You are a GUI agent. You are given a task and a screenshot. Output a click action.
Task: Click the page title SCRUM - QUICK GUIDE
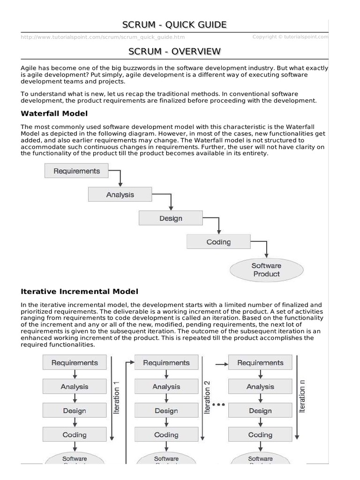click(174, 24)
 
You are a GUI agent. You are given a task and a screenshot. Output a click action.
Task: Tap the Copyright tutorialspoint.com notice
click(290, 37)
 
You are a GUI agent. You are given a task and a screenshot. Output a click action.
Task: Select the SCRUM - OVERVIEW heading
click(174, 51)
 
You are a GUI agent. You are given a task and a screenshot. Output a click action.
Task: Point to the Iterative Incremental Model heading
click(80, 292)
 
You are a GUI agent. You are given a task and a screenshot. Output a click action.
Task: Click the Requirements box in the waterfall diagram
click(76, 171)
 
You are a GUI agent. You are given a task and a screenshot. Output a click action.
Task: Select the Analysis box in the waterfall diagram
click(120, 195)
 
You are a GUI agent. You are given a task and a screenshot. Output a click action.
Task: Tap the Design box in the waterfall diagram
click(171, 218)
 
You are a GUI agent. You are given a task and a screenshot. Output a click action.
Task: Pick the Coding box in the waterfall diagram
click(218, 242)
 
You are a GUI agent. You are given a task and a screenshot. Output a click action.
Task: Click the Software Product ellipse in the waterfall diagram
click(266, 270)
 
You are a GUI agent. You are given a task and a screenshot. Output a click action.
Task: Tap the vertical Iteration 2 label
click(207, 397)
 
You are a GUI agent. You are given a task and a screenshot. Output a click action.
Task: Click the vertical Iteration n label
click(302, 397)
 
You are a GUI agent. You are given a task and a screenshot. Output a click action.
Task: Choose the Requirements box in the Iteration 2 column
click(166, 363)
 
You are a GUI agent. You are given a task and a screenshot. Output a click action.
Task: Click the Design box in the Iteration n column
click(260, 411)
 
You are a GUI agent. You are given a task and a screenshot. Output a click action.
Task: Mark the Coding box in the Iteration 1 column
click(75, 435)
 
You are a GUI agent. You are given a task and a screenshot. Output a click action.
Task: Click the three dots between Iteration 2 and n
click(219, 404)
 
